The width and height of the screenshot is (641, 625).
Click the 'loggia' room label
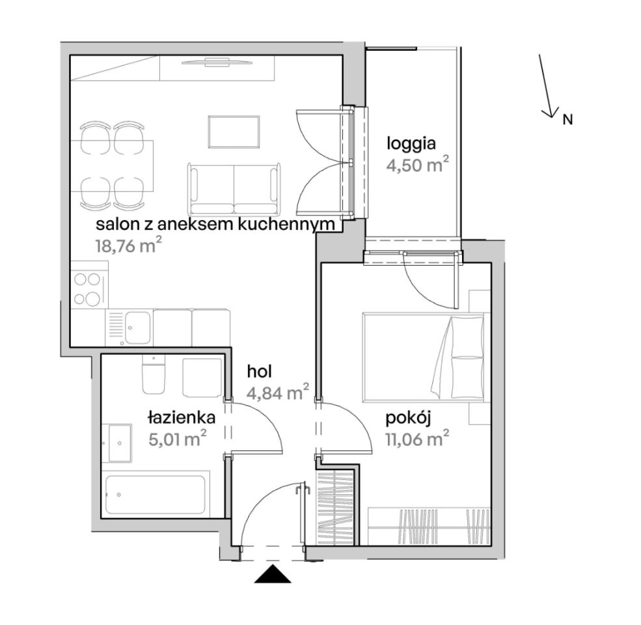tap(411, 145)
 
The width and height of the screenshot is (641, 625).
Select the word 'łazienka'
tap(182, 418)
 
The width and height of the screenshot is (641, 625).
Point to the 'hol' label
tap(260, 372)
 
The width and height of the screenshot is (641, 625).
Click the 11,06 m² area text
tap(417, 439)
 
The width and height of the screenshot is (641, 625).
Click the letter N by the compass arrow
tap(567, 119)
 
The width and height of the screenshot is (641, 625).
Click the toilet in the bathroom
tap(154, 374)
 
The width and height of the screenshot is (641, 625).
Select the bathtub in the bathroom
tap(155, 494)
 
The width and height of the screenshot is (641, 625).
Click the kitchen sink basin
tap(137, 327)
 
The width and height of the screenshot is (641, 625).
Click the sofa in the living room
tap(235, 189)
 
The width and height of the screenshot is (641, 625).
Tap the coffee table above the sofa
tap(234, 132)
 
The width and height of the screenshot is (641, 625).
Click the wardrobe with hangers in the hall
tap(336, 508)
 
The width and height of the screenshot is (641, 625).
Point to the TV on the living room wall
tap(216, 62)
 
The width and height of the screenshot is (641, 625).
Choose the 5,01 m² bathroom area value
tap(177, 439)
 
